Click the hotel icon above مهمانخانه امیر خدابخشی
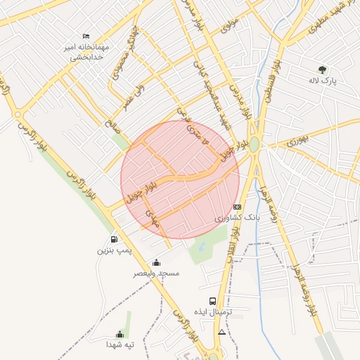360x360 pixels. [x=86, y=36]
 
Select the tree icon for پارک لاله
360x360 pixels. [x=322, y=69]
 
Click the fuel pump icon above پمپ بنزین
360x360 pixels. [x=114, y=240]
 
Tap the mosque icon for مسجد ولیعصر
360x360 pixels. [x=157, y=262]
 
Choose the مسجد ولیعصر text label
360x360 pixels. [x=157, y=273]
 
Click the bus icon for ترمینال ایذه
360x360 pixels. [x=213, y=301]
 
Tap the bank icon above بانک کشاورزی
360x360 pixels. [x=237, y=207]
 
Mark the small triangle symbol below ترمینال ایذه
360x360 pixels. [x=222, y=331]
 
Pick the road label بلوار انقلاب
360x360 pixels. [x=233, y=250]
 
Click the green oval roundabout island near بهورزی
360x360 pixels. [x=254, y=144]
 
